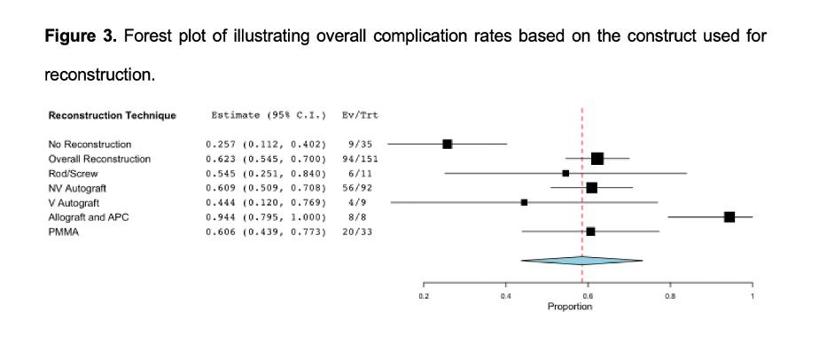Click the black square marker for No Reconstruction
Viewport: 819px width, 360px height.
click(x=448, y=144)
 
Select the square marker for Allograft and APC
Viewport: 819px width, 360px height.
click(x=729, y=217)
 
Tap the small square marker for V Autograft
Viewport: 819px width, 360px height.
click(x=524, y=202)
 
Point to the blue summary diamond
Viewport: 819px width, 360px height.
click(x=581, y=260)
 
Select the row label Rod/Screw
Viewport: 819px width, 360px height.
click(x=73, y=173)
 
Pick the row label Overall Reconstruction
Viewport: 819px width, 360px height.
click(x=99, y=159)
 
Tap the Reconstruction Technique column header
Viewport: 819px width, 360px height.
click(x=112, y=115)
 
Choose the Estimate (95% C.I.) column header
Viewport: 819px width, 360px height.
click(x=269, y=115)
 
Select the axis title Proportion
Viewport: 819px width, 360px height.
click(x=569, y=307)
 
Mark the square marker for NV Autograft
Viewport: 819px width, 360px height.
click(x=591, y=188)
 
